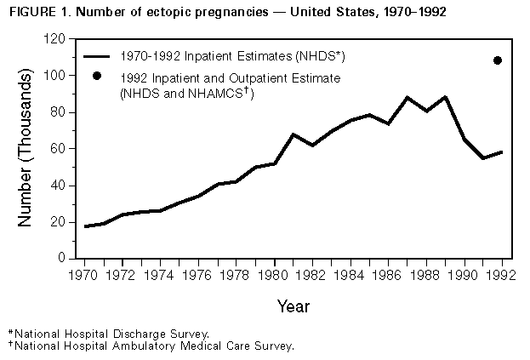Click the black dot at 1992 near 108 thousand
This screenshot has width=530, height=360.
tap(498, 60)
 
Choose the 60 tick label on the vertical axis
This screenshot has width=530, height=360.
tap(58, 149)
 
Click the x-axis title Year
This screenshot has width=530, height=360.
tap(293, 305)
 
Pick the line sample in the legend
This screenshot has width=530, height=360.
tap(100, 55)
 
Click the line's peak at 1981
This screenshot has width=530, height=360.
tap(293, 134)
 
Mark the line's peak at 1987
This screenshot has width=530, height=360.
tap(407, 98)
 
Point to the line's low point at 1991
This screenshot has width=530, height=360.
tap(483, 158)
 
